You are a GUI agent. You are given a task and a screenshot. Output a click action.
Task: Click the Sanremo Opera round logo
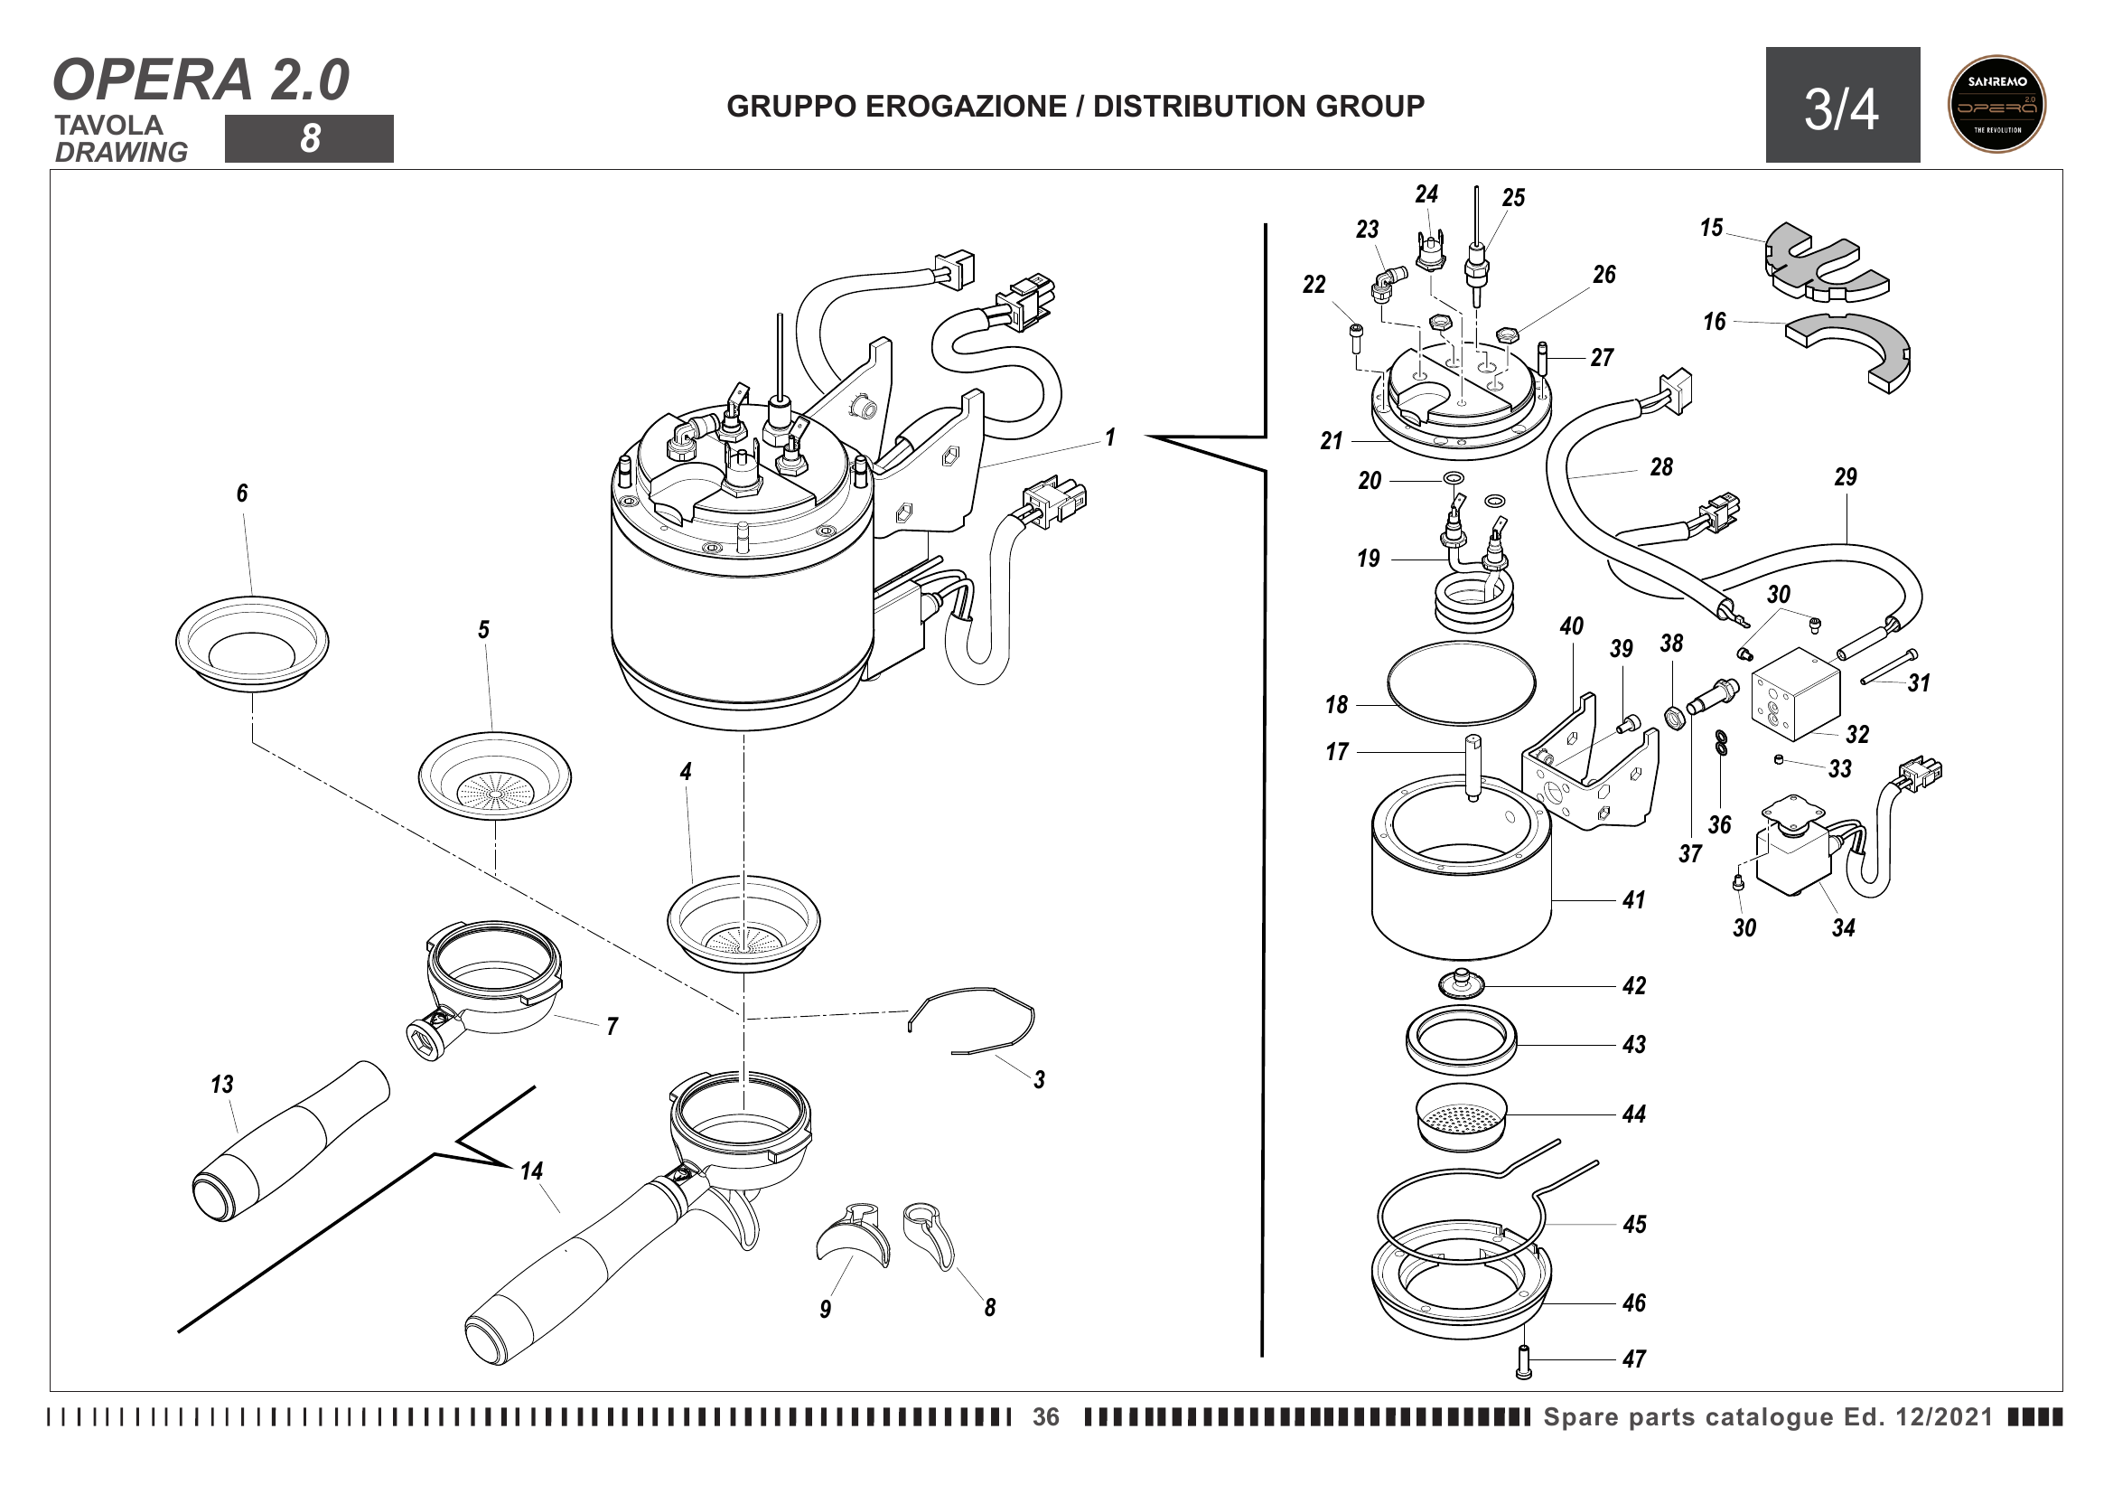1996,103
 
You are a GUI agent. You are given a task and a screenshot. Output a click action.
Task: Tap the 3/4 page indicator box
1841,105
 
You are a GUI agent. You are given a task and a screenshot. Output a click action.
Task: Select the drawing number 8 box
309,139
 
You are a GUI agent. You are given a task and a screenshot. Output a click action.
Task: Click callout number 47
1633,1359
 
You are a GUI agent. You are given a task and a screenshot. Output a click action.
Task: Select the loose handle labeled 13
291,1141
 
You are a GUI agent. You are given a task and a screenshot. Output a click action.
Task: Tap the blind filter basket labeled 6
251,643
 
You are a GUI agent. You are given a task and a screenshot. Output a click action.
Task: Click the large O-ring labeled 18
1461,683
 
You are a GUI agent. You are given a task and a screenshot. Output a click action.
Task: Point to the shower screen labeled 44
1461,1116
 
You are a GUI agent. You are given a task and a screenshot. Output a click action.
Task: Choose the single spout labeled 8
930,1234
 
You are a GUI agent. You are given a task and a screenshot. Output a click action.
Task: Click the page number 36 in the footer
1045,1416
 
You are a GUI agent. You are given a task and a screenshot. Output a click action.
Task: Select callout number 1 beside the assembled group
1111,437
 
